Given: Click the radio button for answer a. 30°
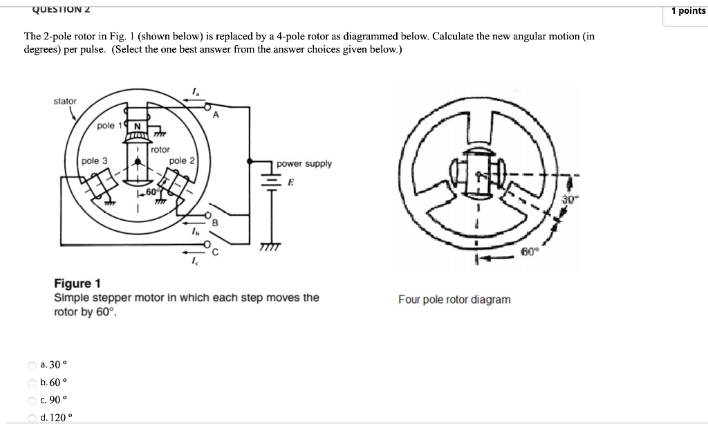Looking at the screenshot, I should click(x=32, y=365).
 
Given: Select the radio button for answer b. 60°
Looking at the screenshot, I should click(x=32, y=382).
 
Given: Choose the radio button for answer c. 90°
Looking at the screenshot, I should click(x=32, y=400).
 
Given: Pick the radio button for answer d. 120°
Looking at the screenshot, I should click(x=32, y=417).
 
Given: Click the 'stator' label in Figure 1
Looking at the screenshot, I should click(x=65, y=101).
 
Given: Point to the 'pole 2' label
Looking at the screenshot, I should click(x=183, y=160).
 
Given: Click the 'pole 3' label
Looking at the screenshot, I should click(x=94, y=160).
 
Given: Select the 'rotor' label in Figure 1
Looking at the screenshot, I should click(x=160, y=149).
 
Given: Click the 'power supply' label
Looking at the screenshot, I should click(x=304, y=164).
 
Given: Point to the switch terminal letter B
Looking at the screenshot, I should click(x=214, y=223).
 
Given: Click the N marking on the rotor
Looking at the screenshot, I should click(x=137, y=126).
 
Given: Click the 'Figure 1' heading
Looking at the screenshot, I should click(x=77, y=283).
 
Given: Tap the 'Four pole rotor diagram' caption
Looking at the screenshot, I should click(x=454, y=299).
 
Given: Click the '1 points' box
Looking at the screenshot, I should click(x=687, y=10).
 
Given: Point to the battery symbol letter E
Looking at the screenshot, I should click(x=291, y=183).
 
